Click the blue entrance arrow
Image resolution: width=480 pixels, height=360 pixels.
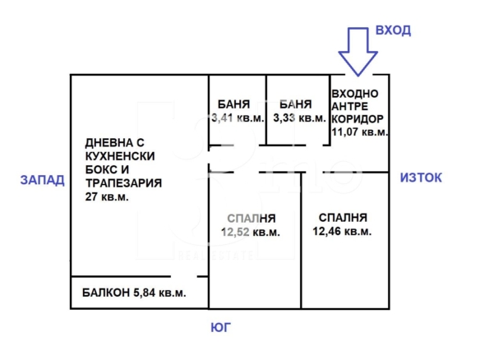[358, 52]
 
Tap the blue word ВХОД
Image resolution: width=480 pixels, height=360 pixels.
[393, 30]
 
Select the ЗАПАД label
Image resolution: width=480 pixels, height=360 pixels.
[42, 180]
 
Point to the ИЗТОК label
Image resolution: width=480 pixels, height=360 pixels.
[421, 178]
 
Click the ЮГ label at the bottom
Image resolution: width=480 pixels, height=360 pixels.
[220, 328]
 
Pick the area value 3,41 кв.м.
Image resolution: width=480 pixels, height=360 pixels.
[238, 118]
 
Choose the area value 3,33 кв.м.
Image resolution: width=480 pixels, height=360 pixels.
[299, 118]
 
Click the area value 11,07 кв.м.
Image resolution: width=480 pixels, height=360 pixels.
[360, 132]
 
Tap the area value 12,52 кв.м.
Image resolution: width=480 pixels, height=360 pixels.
[251, 232]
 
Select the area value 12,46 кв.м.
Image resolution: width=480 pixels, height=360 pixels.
[342, 231]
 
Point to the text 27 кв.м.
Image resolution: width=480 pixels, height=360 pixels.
[107, 196]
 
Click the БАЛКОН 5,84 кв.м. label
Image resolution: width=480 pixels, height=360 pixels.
[134, 293]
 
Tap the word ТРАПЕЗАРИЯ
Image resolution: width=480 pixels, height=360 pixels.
[123, 183]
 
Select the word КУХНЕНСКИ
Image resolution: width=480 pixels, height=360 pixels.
[120, 156]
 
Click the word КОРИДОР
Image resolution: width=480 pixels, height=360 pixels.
[358, 119]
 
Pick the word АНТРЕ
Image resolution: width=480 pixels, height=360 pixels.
[350, 106]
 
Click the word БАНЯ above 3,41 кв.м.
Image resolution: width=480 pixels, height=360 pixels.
[233, 104]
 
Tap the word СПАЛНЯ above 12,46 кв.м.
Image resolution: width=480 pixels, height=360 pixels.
[343, 218]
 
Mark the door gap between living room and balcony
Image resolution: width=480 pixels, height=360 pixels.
[183, 277]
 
